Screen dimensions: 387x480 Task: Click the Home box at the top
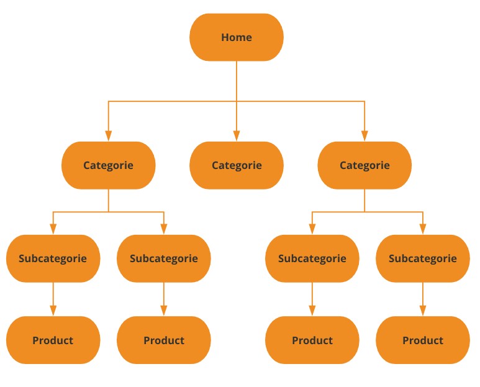click(237, 37)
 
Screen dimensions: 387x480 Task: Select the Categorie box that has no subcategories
click(237, 165)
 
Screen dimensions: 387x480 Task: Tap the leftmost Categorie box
click(109, 165)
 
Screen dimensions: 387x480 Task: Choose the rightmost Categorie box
click(365, 165)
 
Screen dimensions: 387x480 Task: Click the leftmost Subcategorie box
click(53, 258)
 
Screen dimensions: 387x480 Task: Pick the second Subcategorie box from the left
click(164, 258)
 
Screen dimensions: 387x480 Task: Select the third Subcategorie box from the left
click(312, 258)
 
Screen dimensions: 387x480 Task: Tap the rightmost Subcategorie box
click(423, 258)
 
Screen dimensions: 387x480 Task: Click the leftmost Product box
click(53, 340)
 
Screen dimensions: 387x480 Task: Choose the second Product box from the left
click(164, 340)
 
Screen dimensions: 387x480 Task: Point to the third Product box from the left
click(312, 340)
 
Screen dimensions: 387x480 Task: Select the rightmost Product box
click(423, 340)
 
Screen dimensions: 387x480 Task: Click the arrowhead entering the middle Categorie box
click(237, 135)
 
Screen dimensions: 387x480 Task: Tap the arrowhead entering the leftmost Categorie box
click(109, 135)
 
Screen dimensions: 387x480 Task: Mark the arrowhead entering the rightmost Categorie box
click(365, 135)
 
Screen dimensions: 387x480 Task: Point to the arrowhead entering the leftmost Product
click(53, 311)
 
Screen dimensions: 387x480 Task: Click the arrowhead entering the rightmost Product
click(423, 311)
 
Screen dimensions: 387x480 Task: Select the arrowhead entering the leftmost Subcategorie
click(53, 229)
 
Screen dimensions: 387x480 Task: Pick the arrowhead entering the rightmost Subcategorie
click(423, 229)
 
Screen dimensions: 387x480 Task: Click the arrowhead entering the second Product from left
click(164, 311)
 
